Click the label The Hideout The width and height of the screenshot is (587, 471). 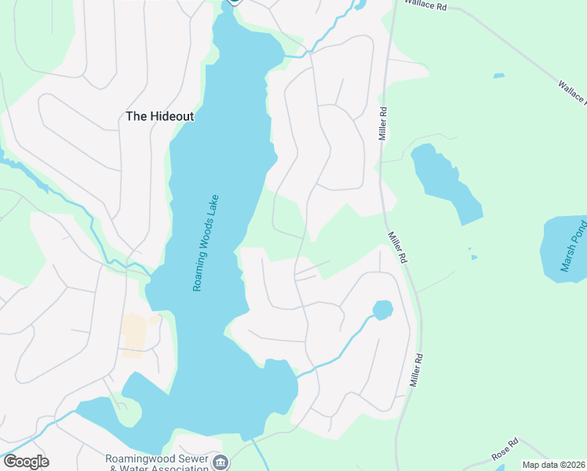159,116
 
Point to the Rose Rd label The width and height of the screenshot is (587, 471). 506,448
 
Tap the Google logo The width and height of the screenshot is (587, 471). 26,462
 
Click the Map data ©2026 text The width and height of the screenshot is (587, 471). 554,465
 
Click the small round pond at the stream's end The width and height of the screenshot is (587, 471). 382,309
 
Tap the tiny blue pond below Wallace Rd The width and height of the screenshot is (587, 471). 498,76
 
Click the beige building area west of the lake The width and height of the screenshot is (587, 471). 134,335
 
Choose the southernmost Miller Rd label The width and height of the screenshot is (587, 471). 417,369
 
